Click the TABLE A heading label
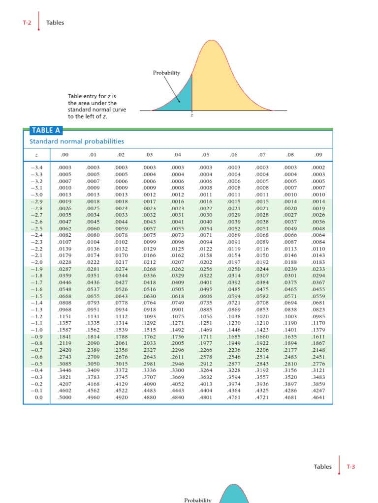(x=42, y=130)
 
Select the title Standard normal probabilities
(x=77, y=141)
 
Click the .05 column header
(x=206, y=156)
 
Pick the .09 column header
(x=318, y=156)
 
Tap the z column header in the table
(x=35, y=156)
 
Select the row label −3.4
(x=36, y=168)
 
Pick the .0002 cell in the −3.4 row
(x=318, y=168)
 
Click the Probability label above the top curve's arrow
(x=166, y=73)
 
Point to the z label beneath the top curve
(x=192, y=116)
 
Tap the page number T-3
(x=351, y=467)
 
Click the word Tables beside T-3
(x=322, y=467)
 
